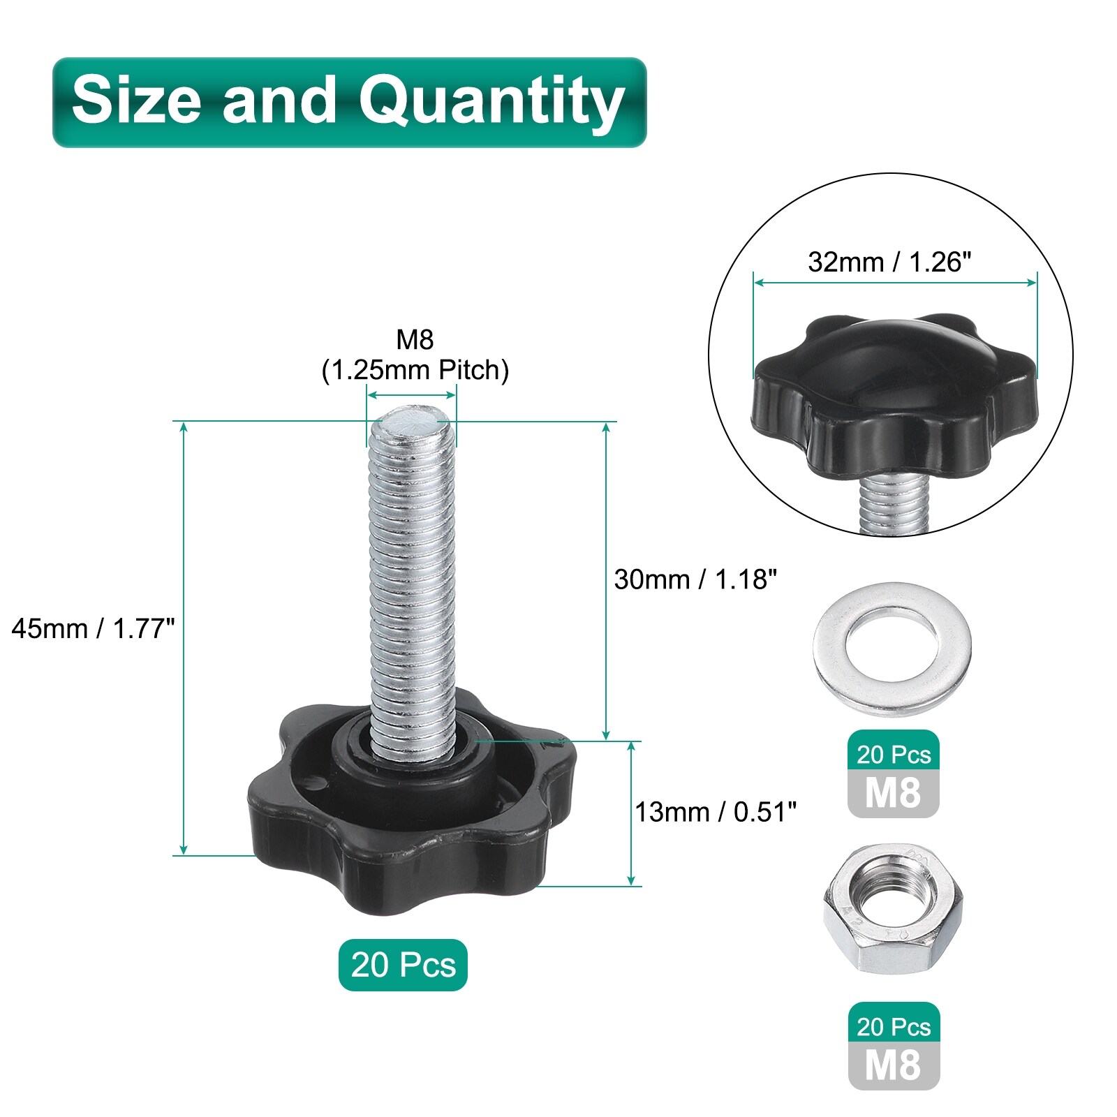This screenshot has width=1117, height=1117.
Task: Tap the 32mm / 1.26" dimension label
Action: pyautogui.click(x=889, y=262)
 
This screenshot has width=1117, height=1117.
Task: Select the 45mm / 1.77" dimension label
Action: pyautogui.click(x=93, y=629)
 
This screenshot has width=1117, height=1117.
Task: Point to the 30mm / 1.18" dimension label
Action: pyautogui.click(x=695, y=579)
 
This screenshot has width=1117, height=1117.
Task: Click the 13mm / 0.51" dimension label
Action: pyautogui.click(x=716, y=812)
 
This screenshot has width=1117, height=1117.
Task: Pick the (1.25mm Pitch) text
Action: pyautogui.click(x=415, y=370)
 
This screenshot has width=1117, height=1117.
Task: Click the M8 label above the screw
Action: pyautogui.click(x=415, y=339)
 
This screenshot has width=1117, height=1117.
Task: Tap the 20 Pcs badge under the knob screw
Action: pyautogui.click(x=403, y=965)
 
